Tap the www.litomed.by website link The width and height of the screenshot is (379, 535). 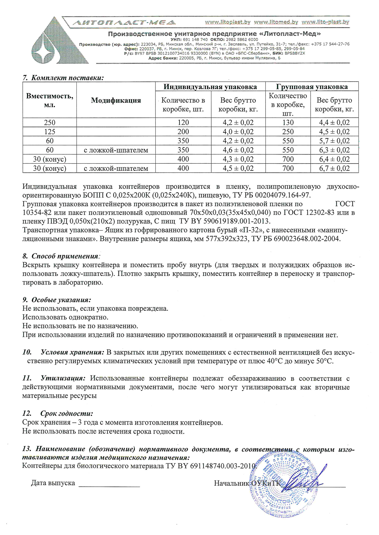(x=276, y=22)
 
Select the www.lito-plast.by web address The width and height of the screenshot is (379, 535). (x=325, y=22)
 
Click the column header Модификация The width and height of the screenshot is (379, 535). (x=116, y=101)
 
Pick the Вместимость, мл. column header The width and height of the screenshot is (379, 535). (x=50, y=101)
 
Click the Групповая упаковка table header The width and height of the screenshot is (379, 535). (x=312, y=87)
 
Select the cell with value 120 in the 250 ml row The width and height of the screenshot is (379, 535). (x=183, y=123)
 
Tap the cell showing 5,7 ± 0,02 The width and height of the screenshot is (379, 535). (x=334, y=141)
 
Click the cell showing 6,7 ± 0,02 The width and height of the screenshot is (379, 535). (x=334, y=168)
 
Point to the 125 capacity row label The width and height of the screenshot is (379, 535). (x=50, y=132)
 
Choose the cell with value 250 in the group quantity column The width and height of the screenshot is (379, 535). (x=288, y=132)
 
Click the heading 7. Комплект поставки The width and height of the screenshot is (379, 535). (x=63, y=78)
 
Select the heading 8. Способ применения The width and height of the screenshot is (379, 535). (x=62, y=256)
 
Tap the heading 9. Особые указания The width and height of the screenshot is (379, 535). (x=57, y=300)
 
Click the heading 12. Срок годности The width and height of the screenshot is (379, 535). (x=58, y=413)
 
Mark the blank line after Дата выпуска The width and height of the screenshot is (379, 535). (x=109, y=486)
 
